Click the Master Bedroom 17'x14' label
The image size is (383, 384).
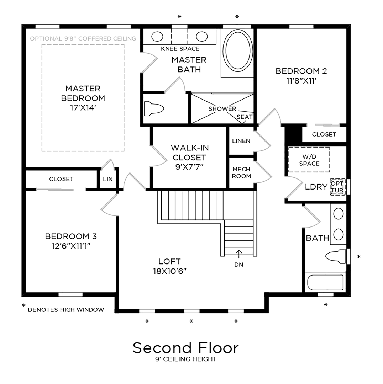coord(83,98)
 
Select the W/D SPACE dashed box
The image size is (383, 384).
coord(309,160)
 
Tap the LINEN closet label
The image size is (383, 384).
coord(241,141)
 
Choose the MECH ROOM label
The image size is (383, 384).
coord(241,173)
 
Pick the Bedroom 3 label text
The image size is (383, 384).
coord(71,236)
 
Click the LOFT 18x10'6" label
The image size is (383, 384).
coord(169,266)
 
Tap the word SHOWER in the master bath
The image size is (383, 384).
coord(222,108)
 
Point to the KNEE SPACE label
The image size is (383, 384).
coord(180,49)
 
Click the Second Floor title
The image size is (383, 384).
coord(185,347)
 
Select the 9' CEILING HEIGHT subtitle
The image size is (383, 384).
coord(185,359)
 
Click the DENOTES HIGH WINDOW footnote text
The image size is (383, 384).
coord(66,310)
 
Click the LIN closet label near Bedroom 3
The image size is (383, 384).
coord(107,179)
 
